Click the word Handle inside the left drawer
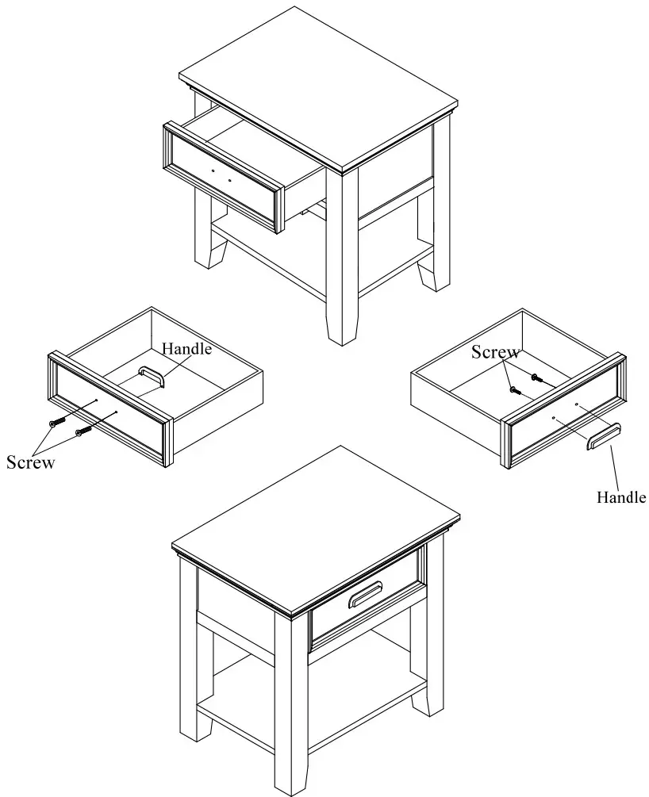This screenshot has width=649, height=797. [x=186, y=348]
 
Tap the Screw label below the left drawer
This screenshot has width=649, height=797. [x=30, y=462]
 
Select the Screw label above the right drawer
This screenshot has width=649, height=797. [x=496, y=352]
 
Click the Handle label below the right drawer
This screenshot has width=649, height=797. [x=621, y=497]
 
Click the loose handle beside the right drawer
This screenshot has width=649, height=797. [x=603, y=437]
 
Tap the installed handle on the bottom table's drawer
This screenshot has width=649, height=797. [x=364, y=594]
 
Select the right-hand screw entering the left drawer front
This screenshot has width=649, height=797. [x=81, y=432]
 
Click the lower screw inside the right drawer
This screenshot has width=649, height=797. [x=514, y=389]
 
